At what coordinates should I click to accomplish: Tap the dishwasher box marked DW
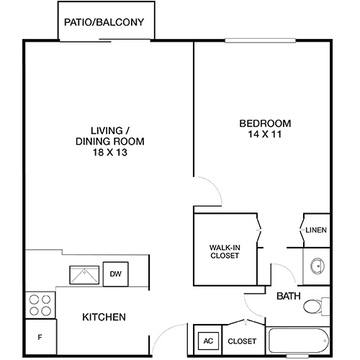(x=115, y=274)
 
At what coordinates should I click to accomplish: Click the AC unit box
(x=207, y=340)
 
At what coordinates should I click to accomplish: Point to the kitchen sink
(x=85, y=274)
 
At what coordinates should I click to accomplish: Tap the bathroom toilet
(x=314, y=307)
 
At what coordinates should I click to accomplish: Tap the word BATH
(x=289, y=295)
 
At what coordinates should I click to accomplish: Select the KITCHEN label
(x=104, y=318)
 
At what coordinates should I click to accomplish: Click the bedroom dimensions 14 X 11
(x=265, y=135)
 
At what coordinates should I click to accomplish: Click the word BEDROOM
(x=265, y=122)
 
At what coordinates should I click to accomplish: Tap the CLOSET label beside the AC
(x=242, y=341)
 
